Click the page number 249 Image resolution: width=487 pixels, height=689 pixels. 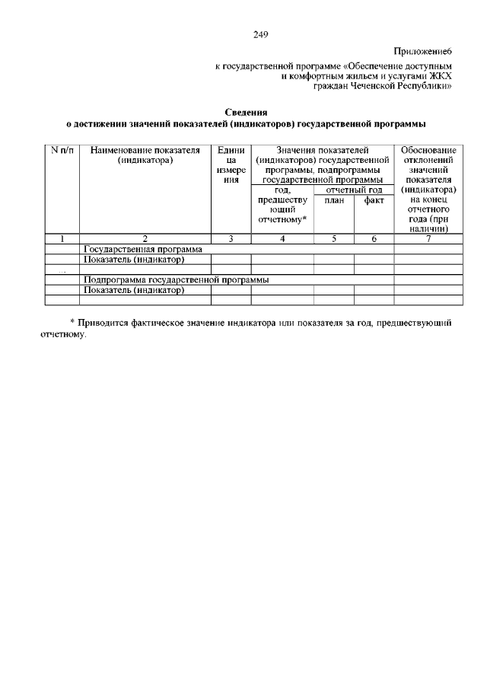(x=260, y=34)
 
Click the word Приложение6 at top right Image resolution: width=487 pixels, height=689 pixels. (x=423, y=51)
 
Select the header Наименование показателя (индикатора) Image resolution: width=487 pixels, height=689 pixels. (x=145, y=155)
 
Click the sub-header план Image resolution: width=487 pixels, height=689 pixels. (x=333, y=200)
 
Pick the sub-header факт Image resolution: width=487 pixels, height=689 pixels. (x=374, y=200)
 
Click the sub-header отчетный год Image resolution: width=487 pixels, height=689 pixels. (x=353, y=190)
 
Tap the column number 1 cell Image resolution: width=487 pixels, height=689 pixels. (x=63, y=239)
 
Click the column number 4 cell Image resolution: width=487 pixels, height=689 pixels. (x=282, y=239)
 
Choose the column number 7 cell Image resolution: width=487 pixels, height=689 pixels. (x=428, y=239)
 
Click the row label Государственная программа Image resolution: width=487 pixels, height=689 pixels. (x=142, y=249)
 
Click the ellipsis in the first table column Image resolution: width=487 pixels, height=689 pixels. (x=63, y=270)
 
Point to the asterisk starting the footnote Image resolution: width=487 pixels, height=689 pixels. (x=72, y=322)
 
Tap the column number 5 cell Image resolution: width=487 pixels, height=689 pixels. (x=333, y=239)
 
